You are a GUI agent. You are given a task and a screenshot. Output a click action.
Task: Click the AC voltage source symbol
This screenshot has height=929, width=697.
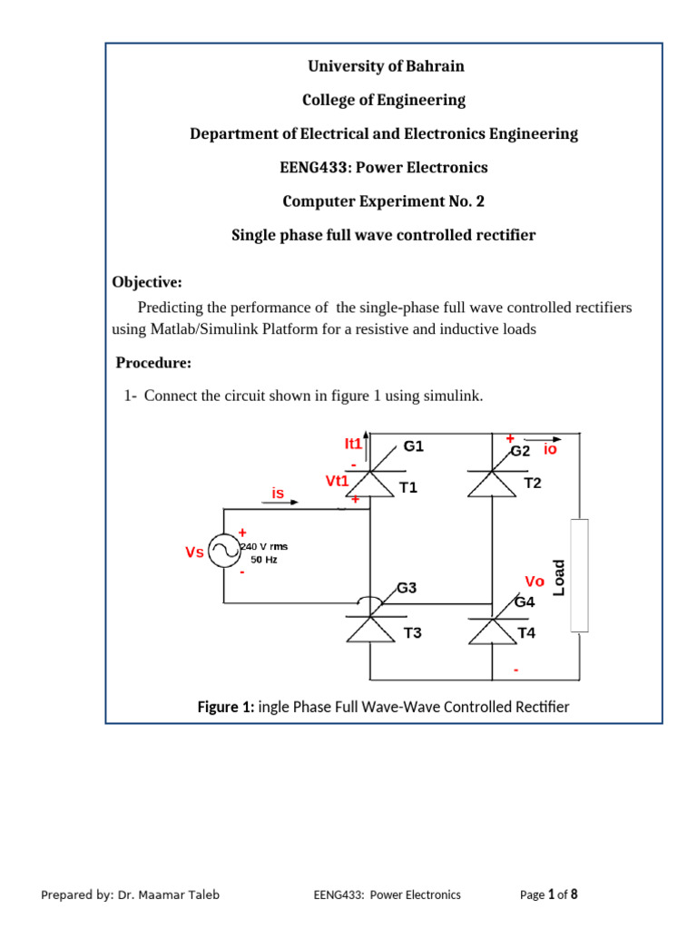pos(223,551)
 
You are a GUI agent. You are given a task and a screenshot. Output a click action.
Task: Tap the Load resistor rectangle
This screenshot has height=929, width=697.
pos(578,574)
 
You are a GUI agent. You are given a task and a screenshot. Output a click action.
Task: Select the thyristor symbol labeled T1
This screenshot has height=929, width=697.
pos(369,484)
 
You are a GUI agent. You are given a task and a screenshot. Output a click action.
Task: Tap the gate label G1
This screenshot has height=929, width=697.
pos(414,446)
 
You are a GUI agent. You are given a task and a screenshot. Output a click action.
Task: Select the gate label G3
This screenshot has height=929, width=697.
pos(407,588)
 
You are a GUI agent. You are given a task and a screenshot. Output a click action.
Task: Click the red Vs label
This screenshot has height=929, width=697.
pos(194,552)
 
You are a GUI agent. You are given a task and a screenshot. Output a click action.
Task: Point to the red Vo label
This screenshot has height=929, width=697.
pos(535,581)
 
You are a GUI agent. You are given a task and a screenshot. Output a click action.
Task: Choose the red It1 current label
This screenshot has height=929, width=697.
pos(353,444)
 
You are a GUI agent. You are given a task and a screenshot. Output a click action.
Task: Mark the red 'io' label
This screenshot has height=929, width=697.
pos(550,449)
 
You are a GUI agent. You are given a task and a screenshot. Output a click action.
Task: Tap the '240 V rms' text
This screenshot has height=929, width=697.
pos(263,546)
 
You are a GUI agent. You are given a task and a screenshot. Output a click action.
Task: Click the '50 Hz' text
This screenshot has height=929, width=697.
pos(264,560)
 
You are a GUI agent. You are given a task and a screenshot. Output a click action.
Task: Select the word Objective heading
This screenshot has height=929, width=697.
pos(147,282)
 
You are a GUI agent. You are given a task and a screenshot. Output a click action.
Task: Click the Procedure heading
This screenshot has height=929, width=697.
pos(153,363)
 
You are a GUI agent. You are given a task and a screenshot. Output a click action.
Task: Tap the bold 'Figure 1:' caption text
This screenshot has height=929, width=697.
pos(226,707)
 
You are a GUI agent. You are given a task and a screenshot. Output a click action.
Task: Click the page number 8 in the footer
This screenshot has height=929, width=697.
pos(574,895)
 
